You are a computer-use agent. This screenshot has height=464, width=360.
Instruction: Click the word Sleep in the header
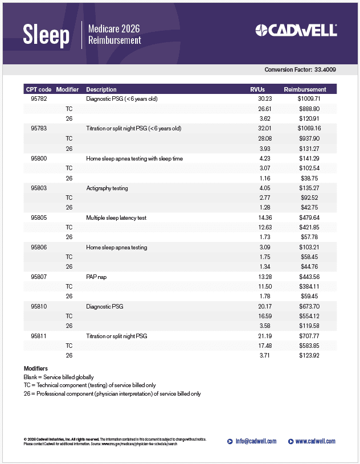[46, 35]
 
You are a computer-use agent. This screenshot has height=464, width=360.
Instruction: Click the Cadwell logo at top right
[296, 30]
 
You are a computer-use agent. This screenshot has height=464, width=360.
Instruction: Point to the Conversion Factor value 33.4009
[325, 69]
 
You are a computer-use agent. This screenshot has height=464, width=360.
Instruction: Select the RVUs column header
[257, 89]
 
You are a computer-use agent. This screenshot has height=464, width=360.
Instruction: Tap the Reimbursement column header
[305, 89]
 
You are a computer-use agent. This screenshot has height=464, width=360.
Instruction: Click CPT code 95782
[39, 98]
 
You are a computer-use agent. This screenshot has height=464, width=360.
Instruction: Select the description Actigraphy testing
[107, 188]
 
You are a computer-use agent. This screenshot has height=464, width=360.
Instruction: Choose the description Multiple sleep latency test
[116, 217]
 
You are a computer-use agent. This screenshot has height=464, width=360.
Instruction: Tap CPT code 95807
[39, 277]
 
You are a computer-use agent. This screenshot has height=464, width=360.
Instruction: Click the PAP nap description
[96, 277]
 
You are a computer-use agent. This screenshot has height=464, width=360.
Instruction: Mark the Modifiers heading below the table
[36, 369]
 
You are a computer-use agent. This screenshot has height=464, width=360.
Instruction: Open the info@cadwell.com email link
[256, 441]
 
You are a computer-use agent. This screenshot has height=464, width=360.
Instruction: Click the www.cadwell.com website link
[315, 441]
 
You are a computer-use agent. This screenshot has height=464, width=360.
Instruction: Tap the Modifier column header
[67, 89]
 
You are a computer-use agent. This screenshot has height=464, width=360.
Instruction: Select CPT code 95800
[39, 158]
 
